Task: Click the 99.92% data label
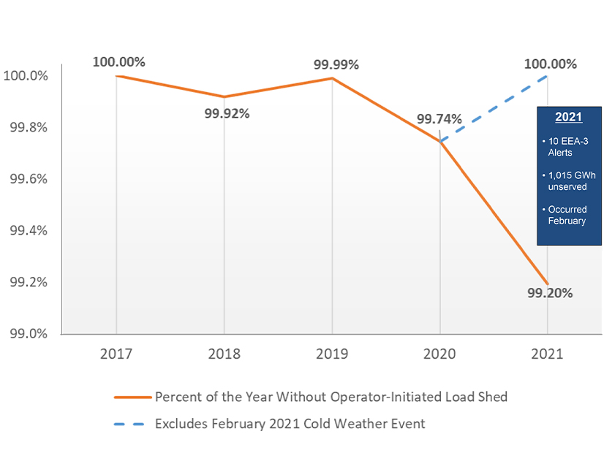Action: pyautogui.click(x=227, y=113)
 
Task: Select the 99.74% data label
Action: pyautogui.click(x=439, y=119)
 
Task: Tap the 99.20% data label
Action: pyautogui.click(x=550, y=293)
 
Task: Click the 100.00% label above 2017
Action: pyautogui.click(x=119, y=61)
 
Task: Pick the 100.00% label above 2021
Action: pyautogui.click(x=550, y=64)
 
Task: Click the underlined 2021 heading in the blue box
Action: pyautogui.click(x=568, y=117)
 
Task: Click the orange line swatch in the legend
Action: pyautogui.click(x=132, y=397)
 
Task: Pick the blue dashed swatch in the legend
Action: pyautogui.click(x=132, y=423)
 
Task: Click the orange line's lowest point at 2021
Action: pyautogui.click(x=548, y=283)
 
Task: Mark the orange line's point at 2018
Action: pyautogui.click(x=224, y=96)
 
